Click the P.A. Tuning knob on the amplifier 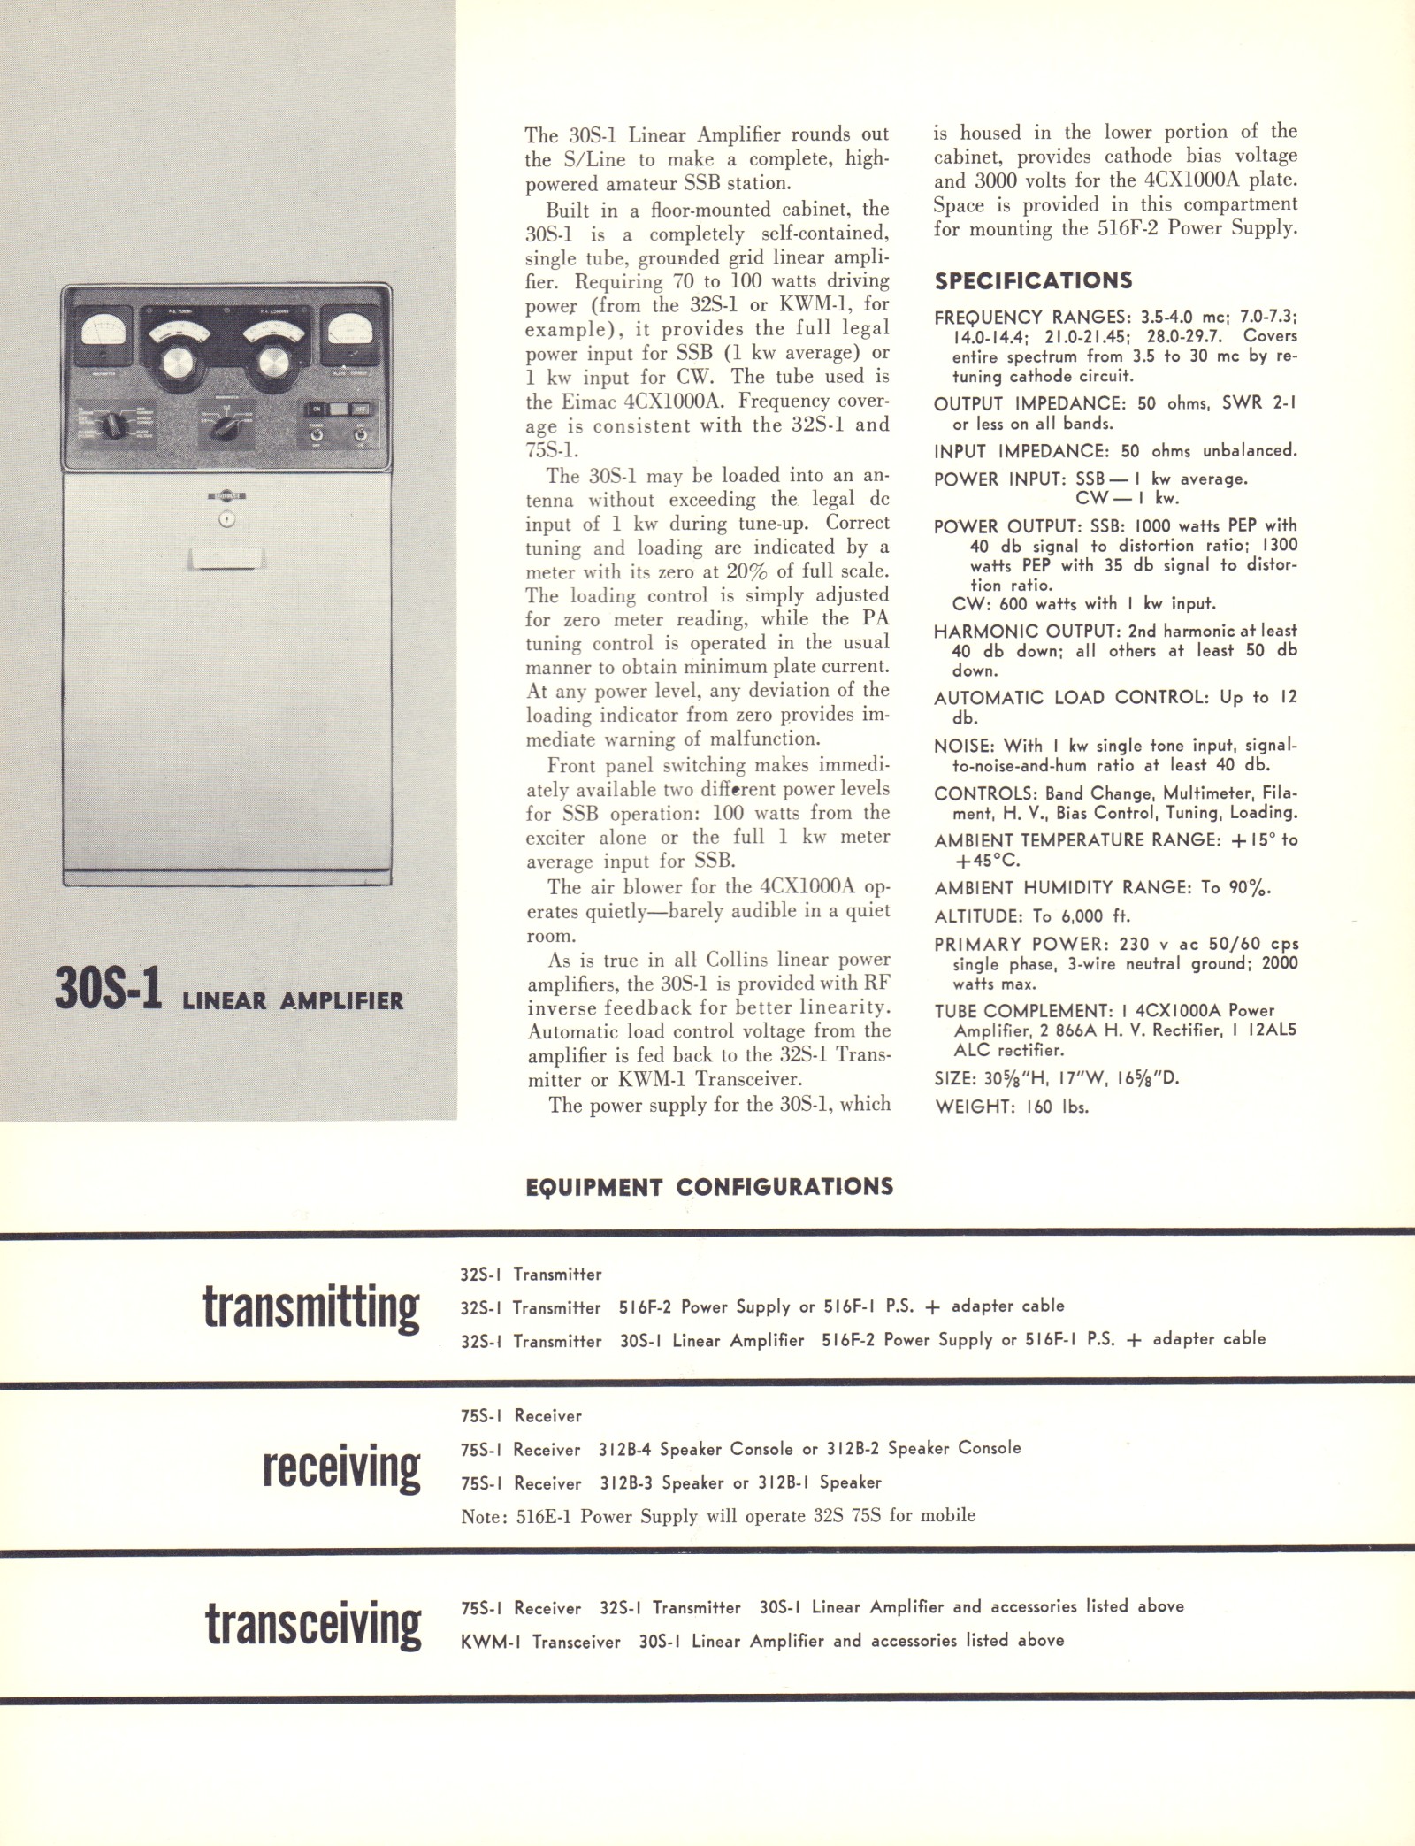coord(178,363)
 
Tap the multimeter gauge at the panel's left coord(104,335)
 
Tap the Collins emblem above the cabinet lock coord(226,496)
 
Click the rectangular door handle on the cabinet coord(226,559)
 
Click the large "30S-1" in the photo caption coord(108,991)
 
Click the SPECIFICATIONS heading coord(1033,281)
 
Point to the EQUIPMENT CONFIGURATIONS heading coord(708,1187)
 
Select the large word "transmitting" coord(310,1307)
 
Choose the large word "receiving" coord(341,1467)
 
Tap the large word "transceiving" coord(313,1624)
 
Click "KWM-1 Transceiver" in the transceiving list coord(540,1642)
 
